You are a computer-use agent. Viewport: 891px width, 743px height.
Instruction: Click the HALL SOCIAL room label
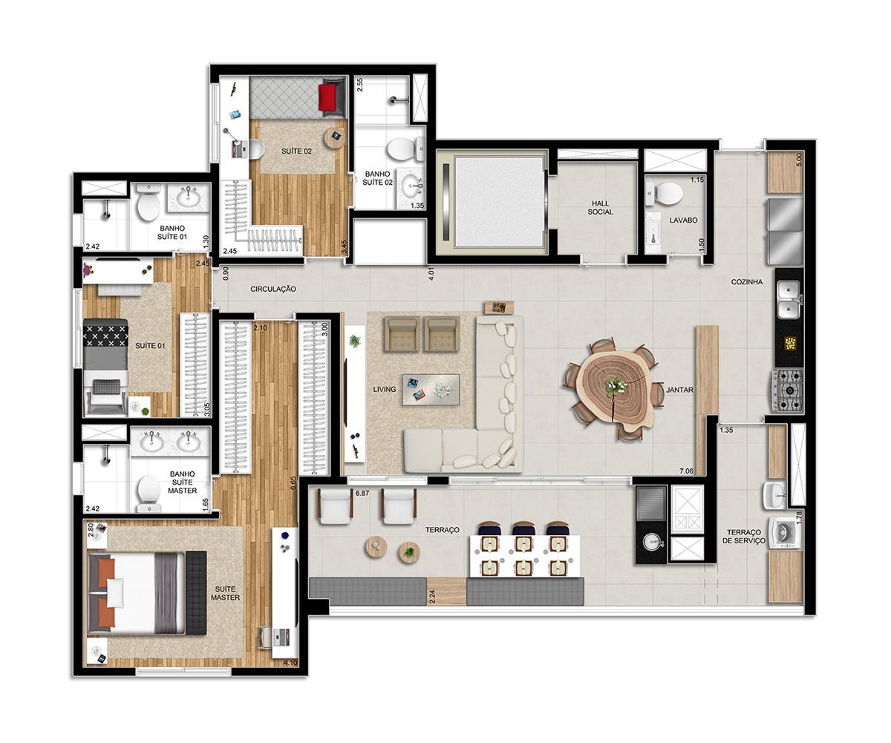click(x=600, y=208)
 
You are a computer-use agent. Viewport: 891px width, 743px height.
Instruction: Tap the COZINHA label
click(x=747, y=282)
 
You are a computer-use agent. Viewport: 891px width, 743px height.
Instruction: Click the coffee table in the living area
click(x=431, y=390)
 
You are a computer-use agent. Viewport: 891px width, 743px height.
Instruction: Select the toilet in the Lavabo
click(x=664, y=194)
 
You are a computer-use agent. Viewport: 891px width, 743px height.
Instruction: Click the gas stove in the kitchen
click(x=787, y=390)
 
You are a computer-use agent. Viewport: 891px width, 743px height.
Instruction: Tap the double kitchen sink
click(x=789, y=299)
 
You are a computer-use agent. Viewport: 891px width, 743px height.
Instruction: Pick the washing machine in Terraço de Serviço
click(x=784, y=533)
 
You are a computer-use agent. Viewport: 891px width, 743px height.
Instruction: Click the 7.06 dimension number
click(x=687, y=471)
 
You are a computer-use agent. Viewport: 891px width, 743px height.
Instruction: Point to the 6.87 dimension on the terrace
click(x=362, y=493)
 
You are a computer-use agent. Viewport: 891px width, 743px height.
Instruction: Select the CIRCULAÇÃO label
click(x=273, y=289)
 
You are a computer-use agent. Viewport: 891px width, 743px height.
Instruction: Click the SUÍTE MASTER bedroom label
click(x=225, y=593)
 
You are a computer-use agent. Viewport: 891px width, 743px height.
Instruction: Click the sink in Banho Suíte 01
click(x=188, y=198)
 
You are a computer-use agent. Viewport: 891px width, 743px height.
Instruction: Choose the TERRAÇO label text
click(x=442, y=530)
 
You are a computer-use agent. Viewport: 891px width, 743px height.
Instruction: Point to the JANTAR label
click(x=680, y=390)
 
